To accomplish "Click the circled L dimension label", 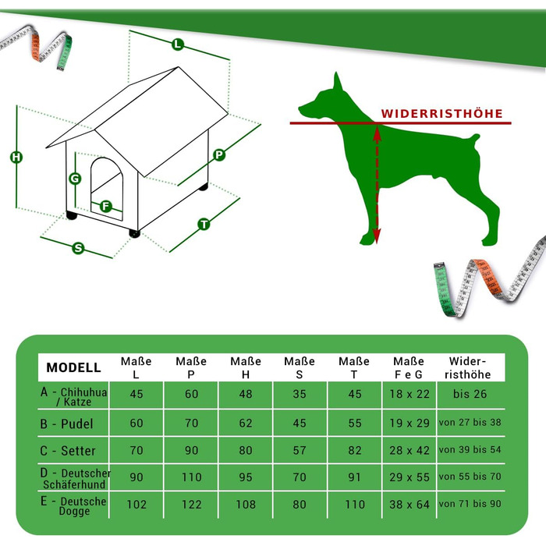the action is [178, 44].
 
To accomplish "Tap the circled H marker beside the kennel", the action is [16, 157].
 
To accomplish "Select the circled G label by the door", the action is [75, 179].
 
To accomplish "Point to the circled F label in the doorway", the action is [106, 207].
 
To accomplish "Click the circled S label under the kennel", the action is [78, 248].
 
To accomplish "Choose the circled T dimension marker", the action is [204, 224].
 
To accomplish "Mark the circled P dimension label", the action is [219, 154].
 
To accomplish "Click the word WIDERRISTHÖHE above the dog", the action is [442, 114].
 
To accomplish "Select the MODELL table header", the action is [73, 367].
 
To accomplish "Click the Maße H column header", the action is [246, 367].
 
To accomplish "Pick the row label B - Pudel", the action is [66, 424].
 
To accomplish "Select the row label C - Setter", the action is [68, 451].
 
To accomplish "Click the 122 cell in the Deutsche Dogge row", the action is [192, 505].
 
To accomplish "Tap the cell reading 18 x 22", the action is [409, 394].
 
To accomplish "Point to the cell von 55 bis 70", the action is [470, 477].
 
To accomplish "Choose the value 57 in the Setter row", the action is [300, 451].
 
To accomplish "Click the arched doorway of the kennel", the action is [107, 188].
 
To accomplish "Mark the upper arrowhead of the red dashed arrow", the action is [377, 133].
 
